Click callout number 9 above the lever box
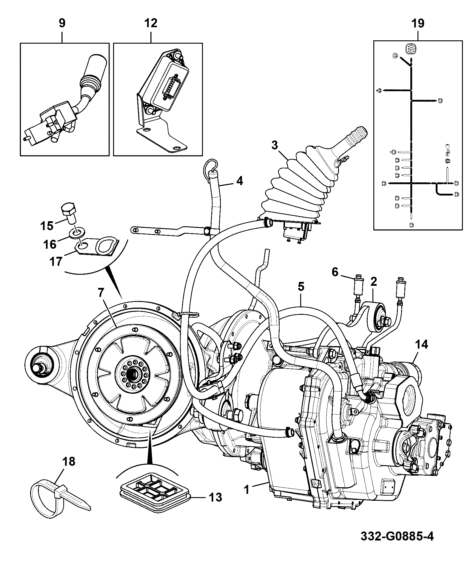click(62, 23)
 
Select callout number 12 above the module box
click(151, 23)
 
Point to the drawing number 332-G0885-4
click(397, 537)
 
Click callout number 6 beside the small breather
click(335, 272)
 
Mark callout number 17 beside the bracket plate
click(56, 261)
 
